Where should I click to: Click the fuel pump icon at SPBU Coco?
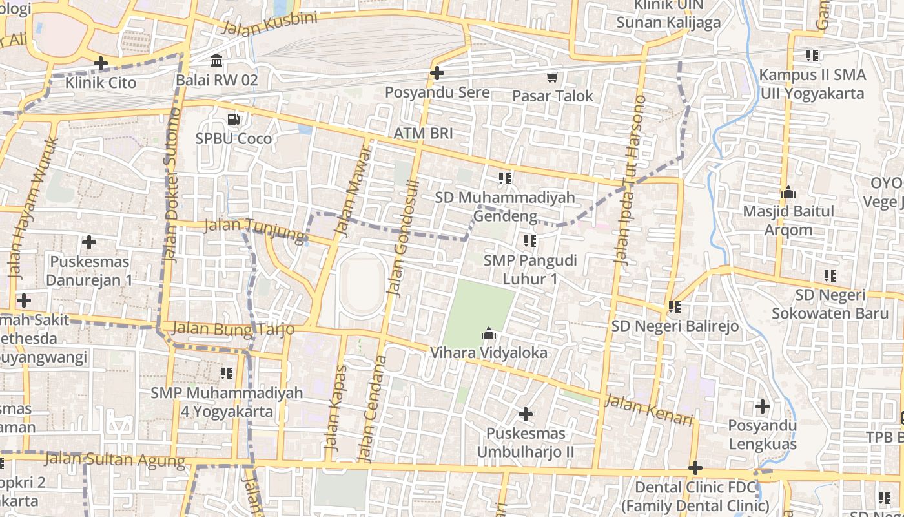click(233, 120)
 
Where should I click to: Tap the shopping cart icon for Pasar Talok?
click(552, 78)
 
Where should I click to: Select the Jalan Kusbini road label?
click(270, 24)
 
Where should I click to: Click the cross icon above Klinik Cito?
click(100, 63)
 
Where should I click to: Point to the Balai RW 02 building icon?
click(216, 61)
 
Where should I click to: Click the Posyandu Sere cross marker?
click(437, 73)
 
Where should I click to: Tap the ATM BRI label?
click(424, 134)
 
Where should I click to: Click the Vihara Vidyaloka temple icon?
click(488, 334)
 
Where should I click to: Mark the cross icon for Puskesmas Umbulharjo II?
click(526, 414)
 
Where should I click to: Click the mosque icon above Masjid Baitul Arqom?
click(788, 193)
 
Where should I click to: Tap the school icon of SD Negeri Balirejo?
click(675, 306)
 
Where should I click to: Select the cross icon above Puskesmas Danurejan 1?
click(89, 242)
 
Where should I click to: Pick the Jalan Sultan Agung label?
click(115, 459)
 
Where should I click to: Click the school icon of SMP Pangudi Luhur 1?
click(530, 241)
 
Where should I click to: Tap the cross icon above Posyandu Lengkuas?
click(763, 406)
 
